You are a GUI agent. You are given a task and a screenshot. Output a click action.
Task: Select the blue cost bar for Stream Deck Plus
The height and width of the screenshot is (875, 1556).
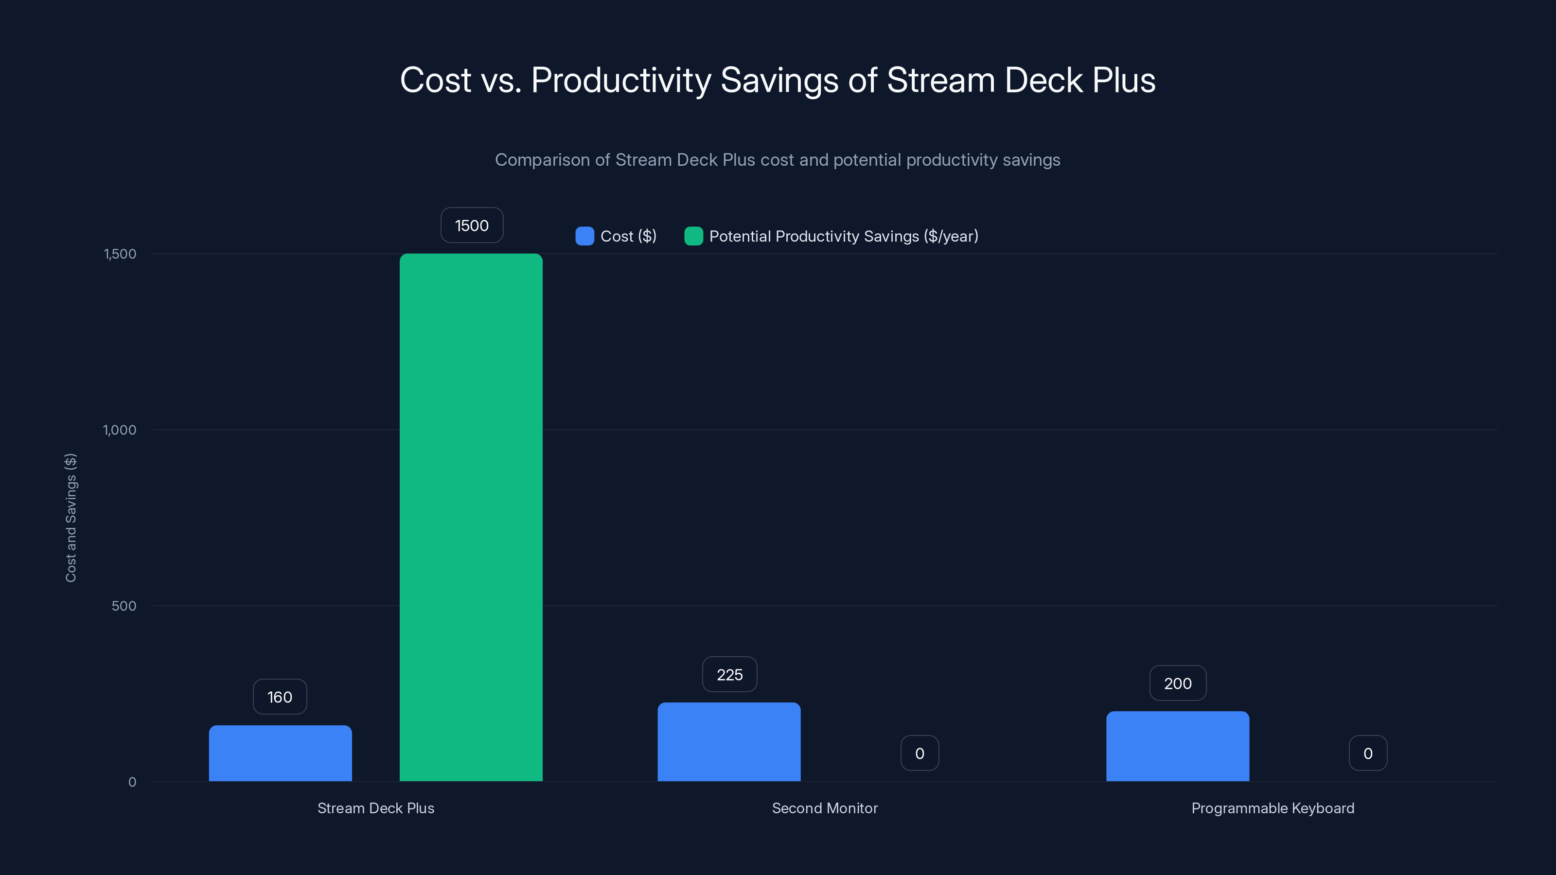point(280,753)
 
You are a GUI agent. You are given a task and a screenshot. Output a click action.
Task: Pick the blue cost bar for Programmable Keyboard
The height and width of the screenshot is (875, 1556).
point(1177,746)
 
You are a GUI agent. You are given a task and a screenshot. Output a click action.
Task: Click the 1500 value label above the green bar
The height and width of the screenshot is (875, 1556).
point(472,225)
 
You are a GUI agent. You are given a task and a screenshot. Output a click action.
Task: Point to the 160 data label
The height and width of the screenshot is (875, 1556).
point(280,697)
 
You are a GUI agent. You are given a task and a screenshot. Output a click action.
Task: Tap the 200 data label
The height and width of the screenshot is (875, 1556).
point(1177,683)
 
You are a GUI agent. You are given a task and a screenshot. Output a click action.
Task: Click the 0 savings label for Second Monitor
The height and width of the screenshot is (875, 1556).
point(919,753)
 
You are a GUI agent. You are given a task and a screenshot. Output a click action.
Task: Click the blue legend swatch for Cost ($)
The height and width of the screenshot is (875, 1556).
point(584,236)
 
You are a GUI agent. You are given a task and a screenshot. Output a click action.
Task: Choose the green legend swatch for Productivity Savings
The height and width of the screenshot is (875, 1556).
point(693,236)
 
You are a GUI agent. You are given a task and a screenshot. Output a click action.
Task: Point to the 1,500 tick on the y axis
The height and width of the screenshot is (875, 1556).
point(120,254)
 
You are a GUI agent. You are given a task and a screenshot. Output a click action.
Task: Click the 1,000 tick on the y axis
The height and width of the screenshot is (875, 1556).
point(120,430)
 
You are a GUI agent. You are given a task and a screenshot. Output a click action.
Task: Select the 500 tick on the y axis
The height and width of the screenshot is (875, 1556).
point(124,606)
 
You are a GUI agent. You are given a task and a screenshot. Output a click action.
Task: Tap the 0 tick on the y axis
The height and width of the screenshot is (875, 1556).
point(132,782)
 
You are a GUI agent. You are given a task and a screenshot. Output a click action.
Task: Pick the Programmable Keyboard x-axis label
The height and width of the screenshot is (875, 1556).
point(1272,808)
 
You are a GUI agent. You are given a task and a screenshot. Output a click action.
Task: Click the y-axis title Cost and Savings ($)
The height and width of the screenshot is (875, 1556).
point(71,518)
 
